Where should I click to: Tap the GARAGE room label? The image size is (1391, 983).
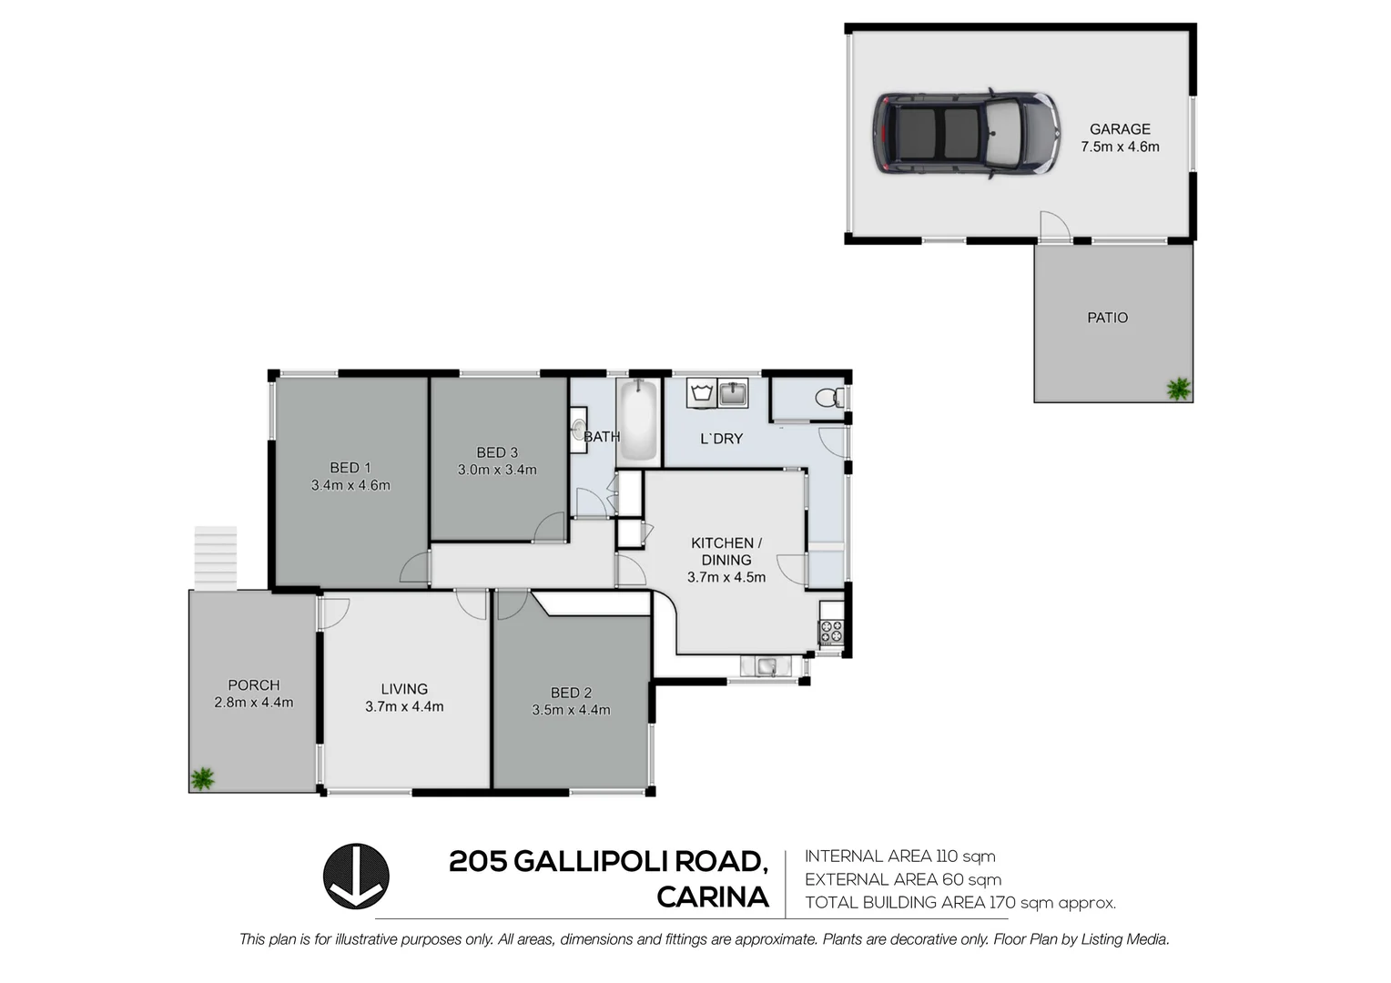1120,129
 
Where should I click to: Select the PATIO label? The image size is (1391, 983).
1107,318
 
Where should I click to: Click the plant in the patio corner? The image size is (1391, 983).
1178,389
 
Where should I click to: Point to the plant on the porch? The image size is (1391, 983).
202,778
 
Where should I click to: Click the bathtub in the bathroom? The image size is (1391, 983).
638,421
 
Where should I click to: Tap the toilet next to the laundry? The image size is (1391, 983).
827,398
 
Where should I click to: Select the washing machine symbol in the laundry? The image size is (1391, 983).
701,393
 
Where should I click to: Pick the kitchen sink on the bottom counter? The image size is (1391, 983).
765,666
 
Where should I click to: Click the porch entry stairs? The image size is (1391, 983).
216,557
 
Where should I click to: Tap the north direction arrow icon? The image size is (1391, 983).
356,876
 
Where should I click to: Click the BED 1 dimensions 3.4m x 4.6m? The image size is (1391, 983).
350,485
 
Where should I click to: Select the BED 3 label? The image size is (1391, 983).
497,452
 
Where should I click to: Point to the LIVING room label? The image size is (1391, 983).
404,689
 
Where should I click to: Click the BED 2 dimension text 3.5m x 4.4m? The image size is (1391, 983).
571,710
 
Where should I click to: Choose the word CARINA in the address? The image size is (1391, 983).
713,897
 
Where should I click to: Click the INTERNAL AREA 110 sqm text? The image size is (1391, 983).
899,856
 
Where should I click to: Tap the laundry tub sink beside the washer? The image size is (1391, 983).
733,393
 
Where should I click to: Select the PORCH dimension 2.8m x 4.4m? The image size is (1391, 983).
254,703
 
